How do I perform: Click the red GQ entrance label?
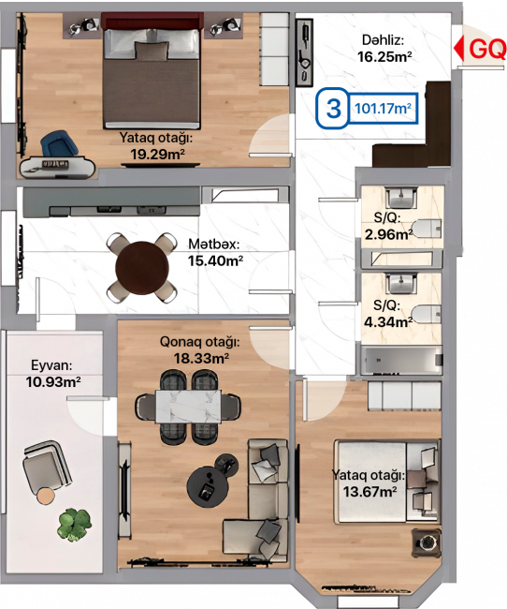(487, 49)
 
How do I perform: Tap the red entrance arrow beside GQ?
(459, 48)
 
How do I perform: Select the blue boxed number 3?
(334, 108)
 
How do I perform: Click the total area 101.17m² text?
(383, 108)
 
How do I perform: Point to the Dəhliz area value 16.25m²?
(384, 57)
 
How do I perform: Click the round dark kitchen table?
(142, 268)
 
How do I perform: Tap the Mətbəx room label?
(213, 244)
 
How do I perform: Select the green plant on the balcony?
(74, 525)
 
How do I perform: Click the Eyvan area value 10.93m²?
(53, 381)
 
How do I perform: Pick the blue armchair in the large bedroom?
(59, 144)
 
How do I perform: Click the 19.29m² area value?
(157, 155)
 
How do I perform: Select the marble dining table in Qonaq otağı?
(189, 407)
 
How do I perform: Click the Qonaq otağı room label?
(200, 342)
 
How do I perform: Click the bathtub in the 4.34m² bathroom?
(401, 361)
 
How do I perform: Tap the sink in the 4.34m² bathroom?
(402, 283)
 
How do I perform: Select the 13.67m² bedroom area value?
(369, 492)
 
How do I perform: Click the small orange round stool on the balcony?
(46, 496)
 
